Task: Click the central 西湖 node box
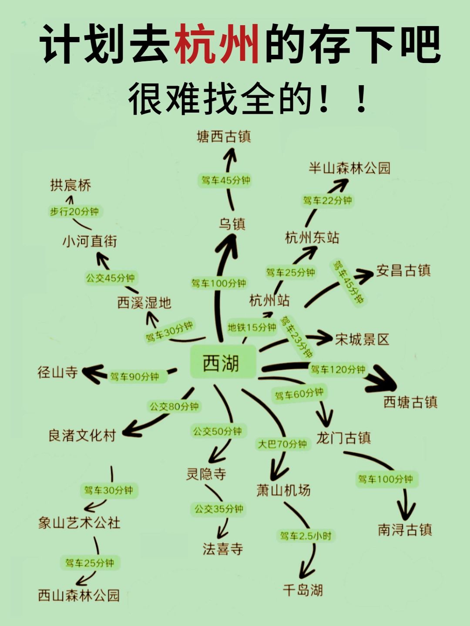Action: click(x=223, y=362)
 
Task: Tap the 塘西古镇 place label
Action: click(x=224, y=137)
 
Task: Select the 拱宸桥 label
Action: click(x=70, y=185)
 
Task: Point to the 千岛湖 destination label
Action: click(x=303, y=590)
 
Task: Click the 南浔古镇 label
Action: click(x=405, y=529)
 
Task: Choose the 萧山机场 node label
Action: click(x=283, y=490)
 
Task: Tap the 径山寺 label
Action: click(x=57, y=372)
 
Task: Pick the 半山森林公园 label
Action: click(x=349, y=168)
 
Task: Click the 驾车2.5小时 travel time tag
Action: click(x=305, y=536)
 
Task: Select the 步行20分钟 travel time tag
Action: click(x=74, y=212)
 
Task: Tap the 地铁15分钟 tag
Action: click(x=252, y=327)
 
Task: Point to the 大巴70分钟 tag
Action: click(x=282, y=444)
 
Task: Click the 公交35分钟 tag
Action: click(x=218, y=509)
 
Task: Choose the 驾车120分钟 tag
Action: click(x=338, y=370)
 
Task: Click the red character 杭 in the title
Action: click(x=195, y=44)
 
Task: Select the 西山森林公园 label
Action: click(x=79, y=595)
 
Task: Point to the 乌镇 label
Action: click(x=232, y=224)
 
